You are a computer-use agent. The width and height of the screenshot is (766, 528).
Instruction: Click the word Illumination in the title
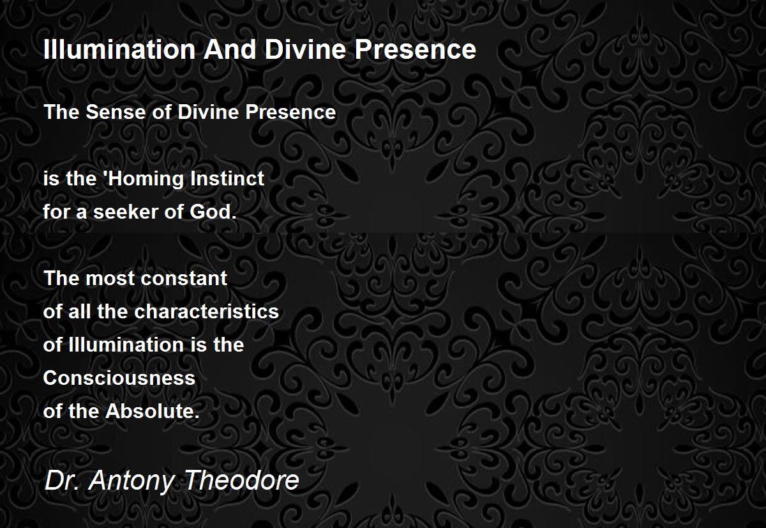pyautogui.click(x=119, y=49)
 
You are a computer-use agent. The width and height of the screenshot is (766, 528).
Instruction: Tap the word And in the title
pyautogui.click(x=230, y=49)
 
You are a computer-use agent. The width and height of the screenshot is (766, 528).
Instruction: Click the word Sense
pyautogui.click(x=116, y=112)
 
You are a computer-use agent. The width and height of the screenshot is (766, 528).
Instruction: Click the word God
pyautogui.click(x=213, y=212)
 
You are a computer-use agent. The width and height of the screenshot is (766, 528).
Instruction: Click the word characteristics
pyautogui.click(x=207, y=311)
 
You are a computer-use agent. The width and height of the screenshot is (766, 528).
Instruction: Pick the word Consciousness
pyautogui.click(x=119, y=378)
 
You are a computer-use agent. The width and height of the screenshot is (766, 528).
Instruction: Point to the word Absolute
pyautogui.click(x=153, y=411)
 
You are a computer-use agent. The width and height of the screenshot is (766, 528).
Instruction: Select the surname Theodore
pyautogui.click(x=242, y=480)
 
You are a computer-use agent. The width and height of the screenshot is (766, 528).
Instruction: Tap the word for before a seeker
pyautogui.click(x=56, y=212)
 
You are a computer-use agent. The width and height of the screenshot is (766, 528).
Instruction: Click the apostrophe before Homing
pyautogui.click(x=109, y=174)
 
